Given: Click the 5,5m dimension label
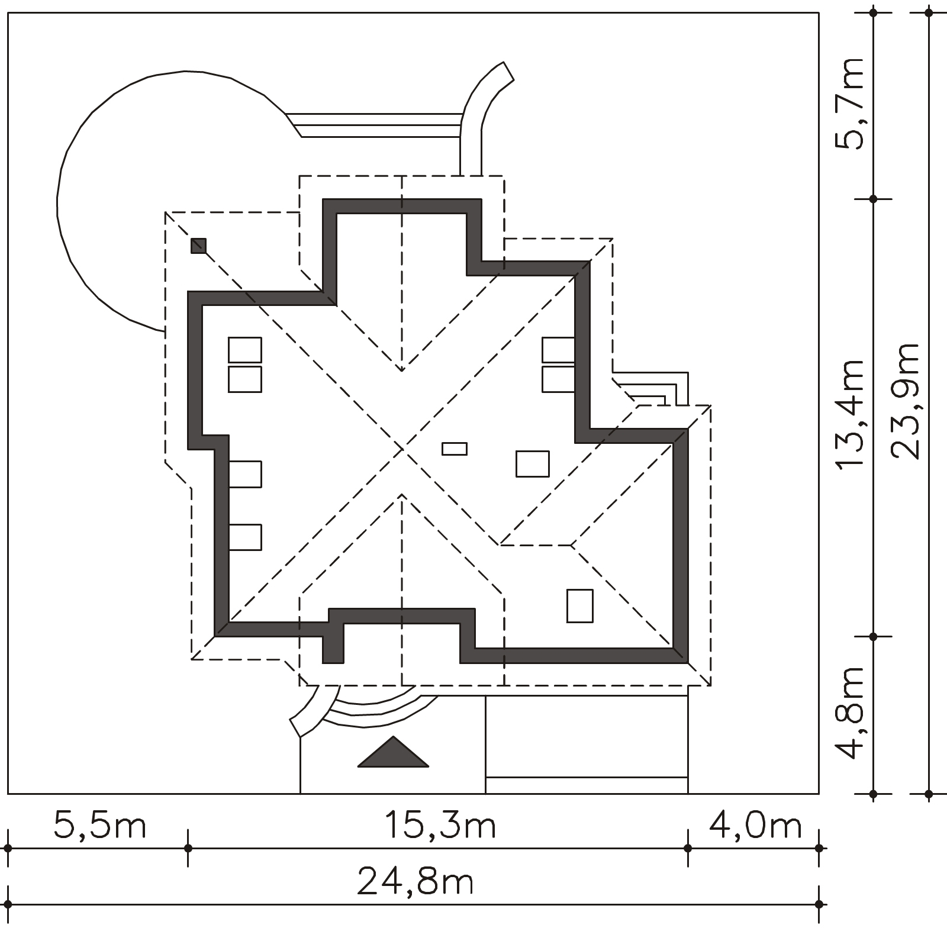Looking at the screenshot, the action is [99, 826].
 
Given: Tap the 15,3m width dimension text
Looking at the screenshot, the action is [440, 826].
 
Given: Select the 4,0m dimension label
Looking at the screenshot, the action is [755, 826].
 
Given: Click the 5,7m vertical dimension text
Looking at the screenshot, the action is [851, 104].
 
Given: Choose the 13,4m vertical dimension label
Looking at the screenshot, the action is [851, 414].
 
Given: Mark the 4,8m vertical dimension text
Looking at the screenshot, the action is [851, 713].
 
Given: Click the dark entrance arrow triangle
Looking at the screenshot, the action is [392, 752].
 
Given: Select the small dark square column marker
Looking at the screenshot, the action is [198, 245].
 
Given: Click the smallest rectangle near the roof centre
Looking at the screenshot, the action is [455, 449].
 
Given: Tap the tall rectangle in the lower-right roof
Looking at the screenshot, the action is [580, 605].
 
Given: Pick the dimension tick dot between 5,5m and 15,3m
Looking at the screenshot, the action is [188, 848].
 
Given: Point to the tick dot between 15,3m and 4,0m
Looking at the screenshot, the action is [688, 848].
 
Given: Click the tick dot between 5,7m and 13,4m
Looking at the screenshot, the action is [874, 199].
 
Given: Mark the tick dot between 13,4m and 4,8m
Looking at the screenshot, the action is [874, 637].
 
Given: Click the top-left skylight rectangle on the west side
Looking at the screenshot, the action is [245, 350].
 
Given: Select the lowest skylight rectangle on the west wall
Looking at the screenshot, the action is [245, 537].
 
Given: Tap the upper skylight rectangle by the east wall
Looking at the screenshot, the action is [558, 350].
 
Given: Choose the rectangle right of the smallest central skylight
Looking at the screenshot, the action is [533, 463].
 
